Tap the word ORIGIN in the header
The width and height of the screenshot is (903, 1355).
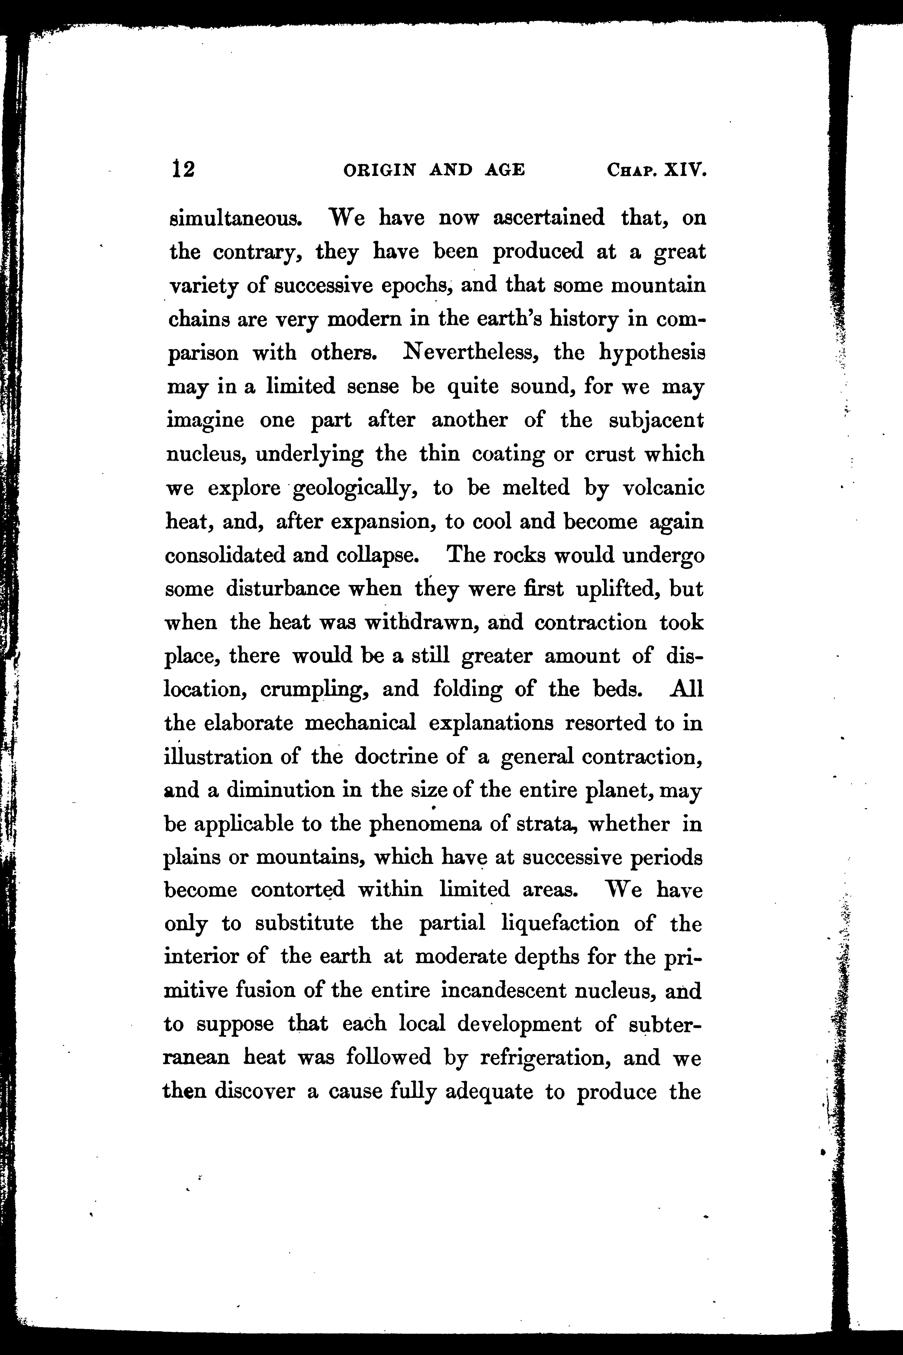click(x=379, y=170)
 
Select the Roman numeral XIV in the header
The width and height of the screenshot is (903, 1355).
click(x=685, y=170)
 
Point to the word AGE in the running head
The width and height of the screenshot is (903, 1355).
click(x=504, y=170)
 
